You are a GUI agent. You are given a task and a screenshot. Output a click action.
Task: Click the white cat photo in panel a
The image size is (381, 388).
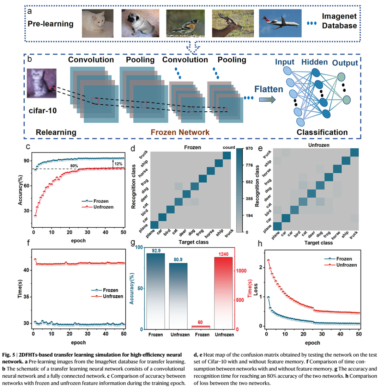pos(98,23)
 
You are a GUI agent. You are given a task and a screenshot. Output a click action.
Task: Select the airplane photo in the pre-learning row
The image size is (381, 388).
pos(280,23)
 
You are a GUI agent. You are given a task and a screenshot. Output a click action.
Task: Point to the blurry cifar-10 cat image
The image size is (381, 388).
pos(42,83)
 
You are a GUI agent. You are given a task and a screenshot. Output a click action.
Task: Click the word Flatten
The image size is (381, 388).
pos(269,89)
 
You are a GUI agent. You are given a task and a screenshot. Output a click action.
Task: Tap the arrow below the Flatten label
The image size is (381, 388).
pos(267,100)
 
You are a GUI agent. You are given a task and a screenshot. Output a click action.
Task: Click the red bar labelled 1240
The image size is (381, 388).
pos(223,292)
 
